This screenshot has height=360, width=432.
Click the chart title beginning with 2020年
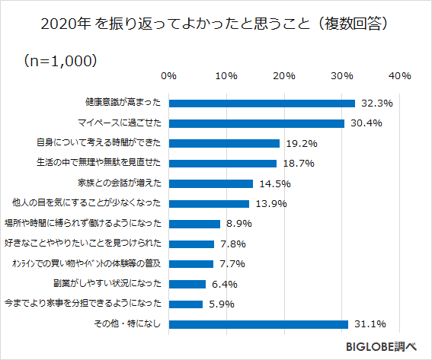click(x=216, y=24)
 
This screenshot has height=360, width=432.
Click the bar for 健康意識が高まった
click(x=262, y=103)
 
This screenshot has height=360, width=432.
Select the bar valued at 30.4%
click(x=257, y=123)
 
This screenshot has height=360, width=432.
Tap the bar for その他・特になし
click(x=258, y=324)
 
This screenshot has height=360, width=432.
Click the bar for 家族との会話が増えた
click(x=211, y=183)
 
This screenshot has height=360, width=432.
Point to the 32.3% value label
click(x=376, y=103)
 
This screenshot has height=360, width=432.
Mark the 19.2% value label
click(x=301, y=143)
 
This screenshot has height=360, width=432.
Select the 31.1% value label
click(x=370, y=324)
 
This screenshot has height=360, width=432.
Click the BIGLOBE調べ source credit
click(x=380, y=346)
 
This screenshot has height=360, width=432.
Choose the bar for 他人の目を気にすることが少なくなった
click(x=209, y=203)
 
